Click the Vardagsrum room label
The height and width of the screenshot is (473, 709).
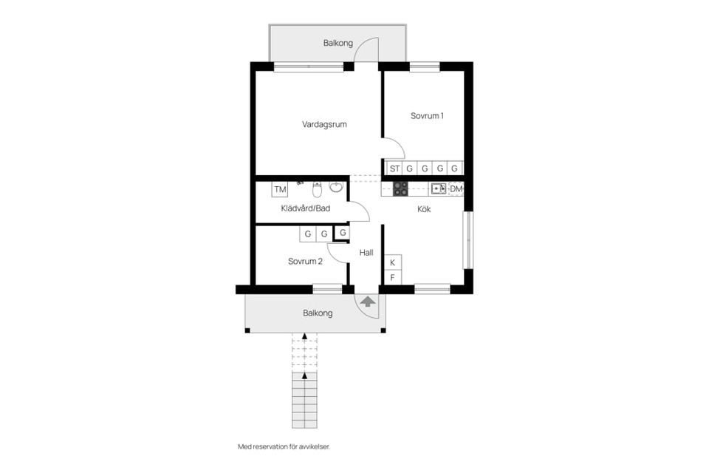point(324,124)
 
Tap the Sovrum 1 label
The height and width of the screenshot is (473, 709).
point(427,115)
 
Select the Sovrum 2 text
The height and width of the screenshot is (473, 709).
point(305,261)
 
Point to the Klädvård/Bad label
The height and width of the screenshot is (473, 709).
point(305,208)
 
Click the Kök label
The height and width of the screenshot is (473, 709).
point(424,209)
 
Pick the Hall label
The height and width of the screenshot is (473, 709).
point(366,253)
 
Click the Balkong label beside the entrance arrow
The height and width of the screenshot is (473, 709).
point(318,313)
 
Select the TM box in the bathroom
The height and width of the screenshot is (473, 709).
point(280,190)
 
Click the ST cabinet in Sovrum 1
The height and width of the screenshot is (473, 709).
point(394,169)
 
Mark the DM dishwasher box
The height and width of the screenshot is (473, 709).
point(456,189)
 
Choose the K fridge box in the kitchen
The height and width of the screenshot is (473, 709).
point(392,262)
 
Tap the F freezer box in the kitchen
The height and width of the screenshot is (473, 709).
point(392,278)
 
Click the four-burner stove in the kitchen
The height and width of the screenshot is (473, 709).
point(400,188)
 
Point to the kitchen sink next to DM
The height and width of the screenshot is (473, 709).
point(438,188)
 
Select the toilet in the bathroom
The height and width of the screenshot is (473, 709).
point(317,191)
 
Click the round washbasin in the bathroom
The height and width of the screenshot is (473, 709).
point(336,187)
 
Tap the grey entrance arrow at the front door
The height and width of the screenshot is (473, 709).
point(367,301)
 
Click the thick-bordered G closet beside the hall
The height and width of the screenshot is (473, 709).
point(343,234)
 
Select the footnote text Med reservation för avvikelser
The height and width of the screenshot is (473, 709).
point(284,446)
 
